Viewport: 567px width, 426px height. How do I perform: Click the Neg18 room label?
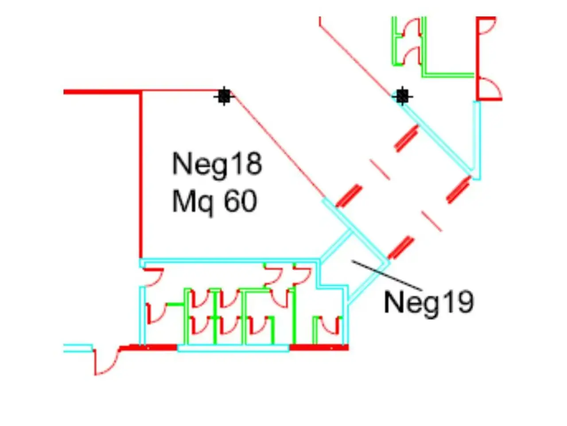click(217, 165)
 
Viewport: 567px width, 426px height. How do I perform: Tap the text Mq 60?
click(215, 202)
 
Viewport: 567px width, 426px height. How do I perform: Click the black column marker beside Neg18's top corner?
click(224, 96)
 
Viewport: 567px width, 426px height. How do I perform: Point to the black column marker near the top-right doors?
click(402, 96)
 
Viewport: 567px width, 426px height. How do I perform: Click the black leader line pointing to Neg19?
click(388, 275)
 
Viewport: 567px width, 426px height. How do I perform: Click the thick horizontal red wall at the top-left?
click(102, 92)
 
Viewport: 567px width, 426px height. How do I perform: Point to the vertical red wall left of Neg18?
click(141, 175)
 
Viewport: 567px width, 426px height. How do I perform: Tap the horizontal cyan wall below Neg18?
click(229, 260)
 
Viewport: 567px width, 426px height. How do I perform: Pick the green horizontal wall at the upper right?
click(450, 75)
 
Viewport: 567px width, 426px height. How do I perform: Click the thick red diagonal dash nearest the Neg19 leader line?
click(400, 248)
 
